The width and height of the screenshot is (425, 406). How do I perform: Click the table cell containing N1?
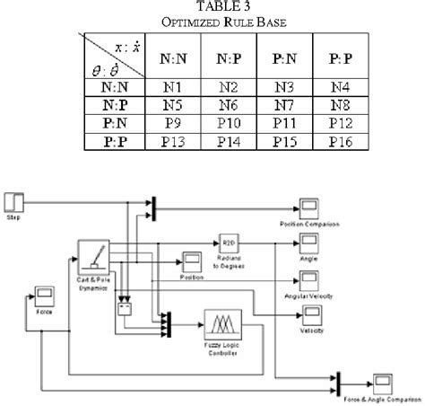(x=175, y=88)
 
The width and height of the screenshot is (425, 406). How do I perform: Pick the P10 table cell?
(x=229, y=122)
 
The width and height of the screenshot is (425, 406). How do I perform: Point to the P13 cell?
(x=175, y=140)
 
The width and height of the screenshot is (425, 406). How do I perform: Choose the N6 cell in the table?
(x=229, y=105)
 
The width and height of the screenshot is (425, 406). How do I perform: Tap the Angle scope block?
(x=308, y=243)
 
